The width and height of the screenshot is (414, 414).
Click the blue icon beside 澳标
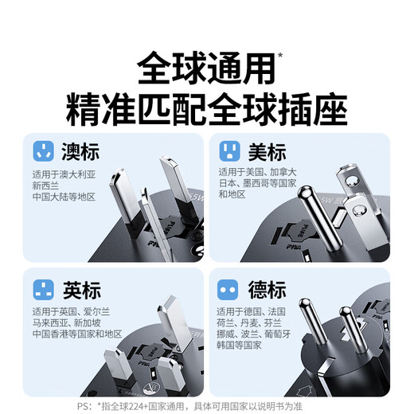coord(43,151)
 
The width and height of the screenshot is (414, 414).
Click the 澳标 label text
coord(79,151)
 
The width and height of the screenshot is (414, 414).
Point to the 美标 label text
coord(265,151)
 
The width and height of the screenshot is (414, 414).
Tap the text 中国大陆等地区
coord(64,196)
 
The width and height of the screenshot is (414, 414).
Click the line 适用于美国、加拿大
coord(258,171)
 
